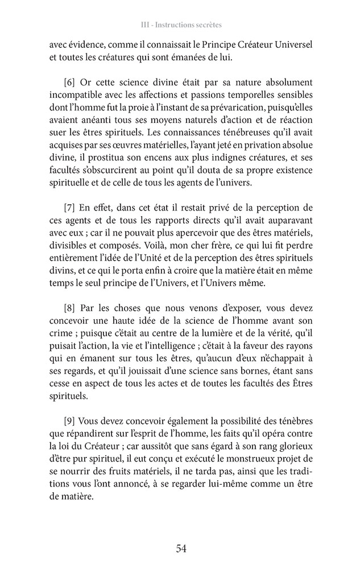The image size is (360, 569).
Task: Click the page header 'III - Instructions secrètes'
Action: click(x=180, y=26)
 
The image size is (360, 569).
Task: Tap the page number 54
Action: click(x=181, y=549)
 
